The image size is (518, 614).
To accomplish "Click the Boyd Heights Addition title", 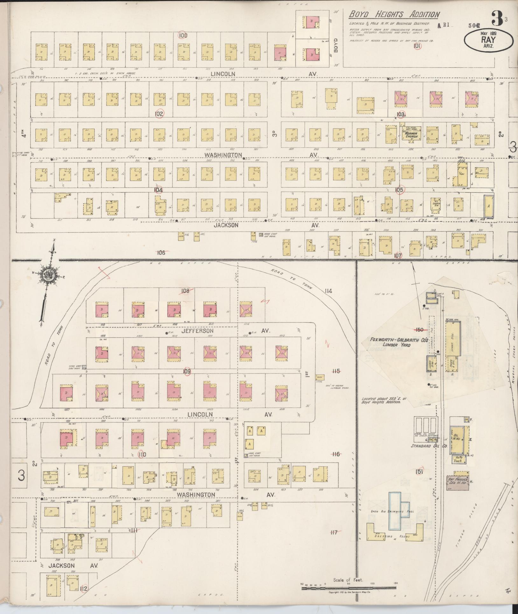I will [395, 15].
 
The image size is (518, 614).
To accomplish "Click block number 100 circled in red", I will [183, 36].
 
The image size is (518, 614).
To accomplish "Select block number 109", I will [186, 371].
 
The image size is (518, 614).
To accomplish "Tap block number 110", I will [142, 454].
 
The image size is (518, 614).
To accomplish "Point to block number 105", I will [399, 190].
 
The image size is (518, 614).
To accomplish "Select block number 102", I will [159, 114].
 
